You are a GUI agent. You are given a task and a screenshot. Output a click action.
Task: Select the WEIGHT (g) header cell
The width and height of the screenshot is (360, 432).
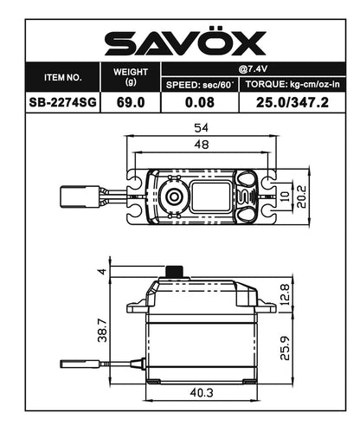point(131,76)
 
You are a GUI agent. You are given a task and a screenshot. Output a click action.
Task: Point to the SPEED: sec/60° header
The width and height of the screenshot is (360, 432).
point(200,84)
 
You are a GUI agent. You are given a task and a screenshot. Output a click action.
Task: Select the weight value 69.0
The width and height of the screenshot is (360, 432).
point(131,101)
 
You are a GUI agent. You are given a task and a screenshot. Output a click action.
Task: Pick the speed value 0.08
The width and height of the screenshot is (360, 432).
point(200,101)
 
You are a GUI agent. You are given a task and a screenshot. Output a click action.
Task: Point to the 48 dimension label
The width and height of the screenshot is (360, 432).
point(201,146)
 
